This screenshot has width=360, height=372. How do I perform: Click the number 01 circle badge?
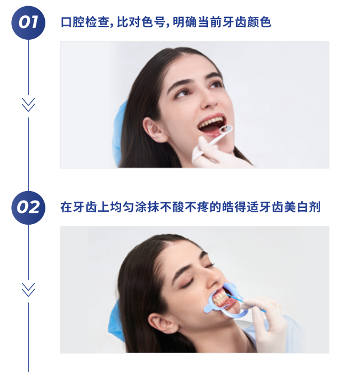click(x=28, y=22)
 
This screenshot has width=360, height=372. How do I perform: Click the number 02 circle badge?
click(x=28, y=208)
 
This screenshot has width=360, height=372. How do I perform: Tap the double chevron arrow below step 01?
click(x=28, y=105)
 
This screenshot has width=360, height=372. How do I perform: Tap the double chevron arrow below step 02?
click(x=28, y=290)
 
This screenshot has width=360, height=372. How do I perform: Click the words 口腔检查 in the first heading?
click(x=85, y=22)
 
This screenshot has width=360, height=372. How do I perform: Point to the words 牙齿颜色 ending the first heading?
click(x=247, y=22)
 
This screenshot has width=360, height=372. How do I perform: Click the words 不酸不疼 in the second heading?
click(x=184, y=207)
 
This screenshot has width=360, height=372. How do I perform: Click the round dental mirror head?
click(x=226, y=129)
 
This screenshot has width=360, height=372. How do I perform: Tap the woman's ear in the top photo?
click(x=154, y=129)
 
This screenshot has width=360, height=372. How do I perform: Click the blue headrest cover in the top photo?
click(x=119, y=133)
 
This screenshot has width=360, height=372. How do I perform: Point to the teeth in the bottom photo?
click(x=220, y=299)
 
